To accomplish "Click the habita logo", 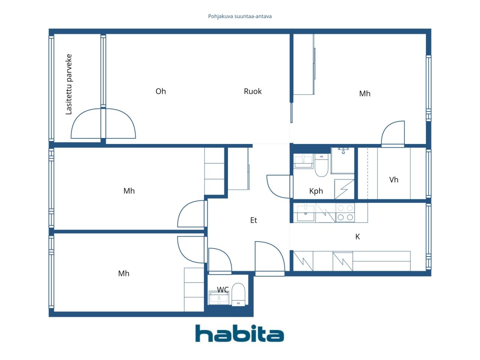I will [239, 333].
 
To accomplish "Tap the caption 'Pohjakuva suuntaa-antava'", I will [240, 16].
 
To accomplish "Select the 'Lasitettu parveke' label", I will [69, 84].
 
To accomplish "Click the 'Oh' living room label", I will [160, 91].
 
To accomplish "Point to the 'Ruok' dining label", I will [252, 91].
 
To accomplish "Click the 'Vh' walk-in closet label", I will [393, 180].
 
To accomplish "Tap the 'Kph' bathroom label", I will [316, 191].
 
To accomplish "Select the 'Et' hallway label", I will [253, 220].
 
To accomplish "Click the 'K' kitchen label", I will [357, 237].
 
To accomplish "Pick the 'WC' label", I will [223, 289].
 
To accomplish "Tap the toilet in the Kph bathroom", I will [321, 165].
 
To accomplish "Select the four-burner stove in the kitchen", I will [345, 213].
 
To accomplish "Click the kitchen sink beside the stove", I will [306, 213].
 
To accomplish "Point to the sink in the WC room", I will [219, 298].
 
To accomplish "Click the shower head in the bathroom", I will [343, 151].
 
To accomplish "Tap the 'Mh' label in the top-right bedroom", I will [364, 93].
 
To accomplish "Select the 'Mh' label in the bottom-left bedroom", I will [124, 273].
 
